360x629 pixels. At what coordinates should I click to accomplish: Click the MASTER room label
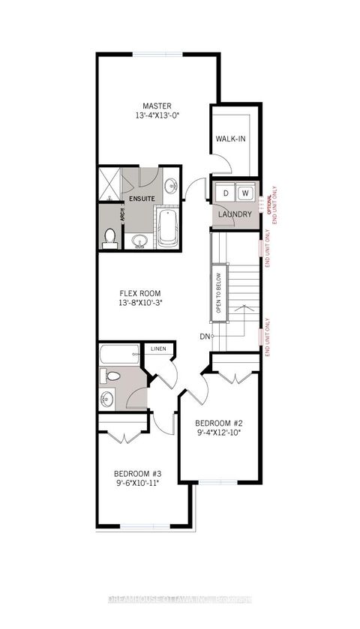tap(158, 105)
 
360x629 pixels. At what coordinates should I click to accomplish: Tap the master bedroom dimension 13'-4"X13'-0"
tap(158, 117)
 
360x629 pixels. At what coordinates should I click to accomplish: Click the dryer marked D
tap(226, 193)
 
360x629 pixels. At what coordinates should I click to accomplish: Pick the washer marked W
tap(244, 193)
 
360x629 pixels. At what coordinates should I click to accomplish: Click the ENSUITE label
tap(141, 199)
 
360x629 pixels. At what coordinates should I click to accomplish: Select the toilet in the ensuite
tap(109, 238)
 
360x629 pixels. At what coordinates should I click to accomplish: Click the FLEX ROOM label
tap(141, 293)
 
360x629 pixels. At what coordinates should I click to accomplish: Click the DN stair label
tap(204, 337)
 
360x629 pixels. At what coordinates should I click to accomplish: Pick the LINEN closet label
tap(157, 349)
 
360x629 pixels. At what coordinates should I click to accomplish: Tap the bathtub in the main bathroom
tap(121, 353)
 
